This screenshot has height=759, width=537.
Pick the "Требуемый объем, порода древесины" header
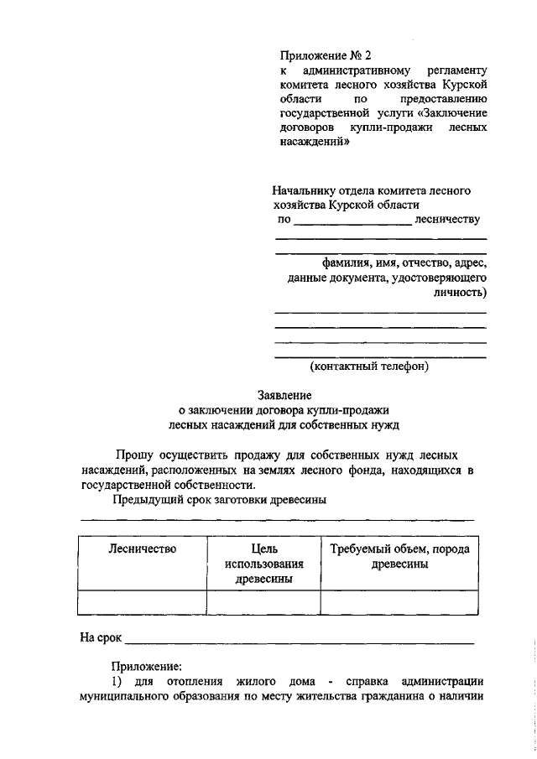399,556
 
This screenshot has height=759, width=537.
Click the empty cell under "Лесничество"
142,602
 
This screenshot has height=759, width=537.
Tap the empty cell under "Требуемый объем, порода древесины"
399,602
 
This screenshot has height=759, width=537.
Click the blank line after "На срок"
300,638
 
